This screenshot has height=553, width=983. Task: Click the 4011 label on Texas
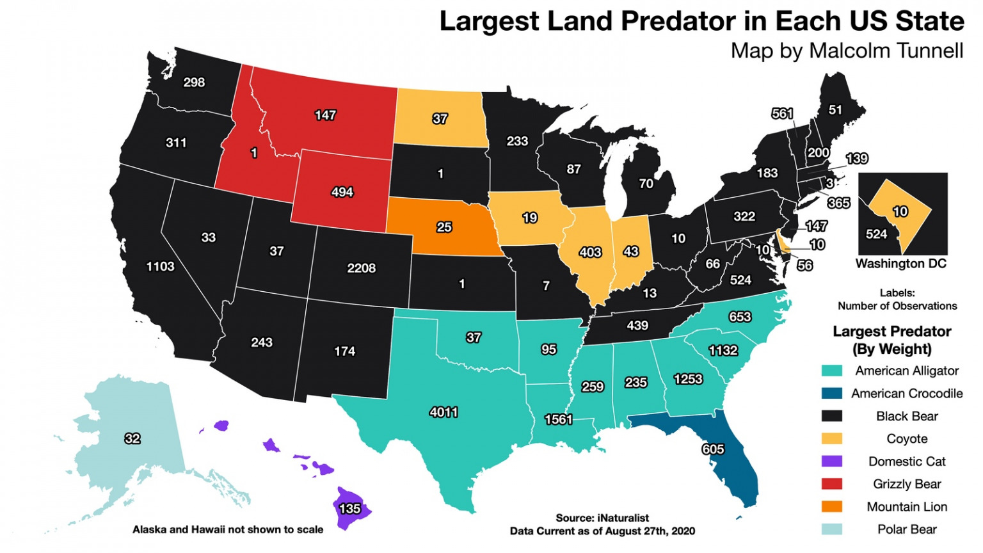point(444,412)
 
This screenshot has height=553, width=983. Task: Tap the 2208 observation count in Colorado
point(361,268)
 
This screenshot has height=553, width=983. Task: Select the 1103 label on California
point(160,266)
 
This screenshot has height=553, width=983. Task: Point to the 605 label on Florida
point(713,449)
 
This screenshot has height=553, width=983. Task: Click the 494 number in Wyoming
point(342,192)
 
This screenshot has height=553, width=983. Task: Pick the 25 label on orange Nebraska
point(444,227)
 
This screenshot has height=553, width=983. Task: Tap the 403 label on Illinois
point(589,252)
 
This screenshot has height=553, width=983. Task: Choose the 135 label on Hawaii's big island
point(349,509)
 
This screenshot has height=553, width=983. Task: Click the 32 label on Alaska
point(132,438)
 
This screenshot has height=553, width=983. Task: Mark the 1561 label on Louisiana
point(558,419)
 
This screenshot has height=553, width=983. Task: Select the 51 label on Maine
point(835,109)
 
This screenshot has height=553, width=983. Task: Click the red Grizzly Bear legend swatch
point(831,484)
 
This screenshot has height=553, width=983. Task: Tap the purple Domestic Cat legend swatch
point(831,461)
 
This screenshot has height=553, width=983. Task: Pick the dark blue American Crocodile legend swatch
point(831,394)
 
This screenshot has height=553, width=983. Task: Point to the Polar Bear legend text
point(906,529)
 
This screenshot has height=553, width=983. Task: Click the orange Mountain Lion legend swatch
point(831,507)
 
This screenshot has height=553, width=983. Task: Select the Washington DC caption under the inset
point(900,264)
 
